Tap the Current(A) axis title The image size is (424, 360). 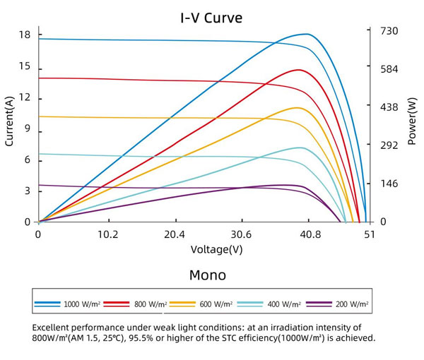(10, 121)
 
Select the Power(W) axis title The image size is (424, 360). (412, 121)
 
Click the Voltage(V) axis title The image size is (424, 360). (216, 249)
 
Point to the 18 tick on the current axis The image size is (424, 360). (25, 35)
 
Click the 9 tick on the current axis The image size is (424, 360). (28, 128)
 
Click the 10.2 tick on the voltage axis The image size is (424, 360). (107, 234)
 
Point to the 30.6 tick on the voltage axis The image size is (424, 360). (242, 234)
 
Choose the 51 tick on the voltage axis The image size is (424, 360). (369, 234)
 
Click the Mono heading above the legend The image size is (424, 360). (208, 275)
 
